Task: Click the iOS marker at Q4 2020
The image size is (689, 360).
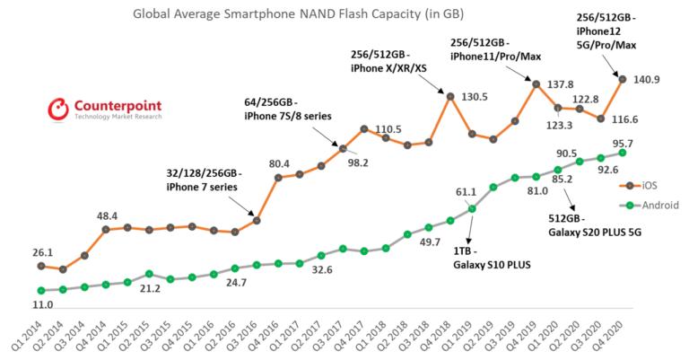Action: point(623,79)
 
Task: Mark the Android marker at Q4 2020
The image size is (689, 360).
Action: point(623,153)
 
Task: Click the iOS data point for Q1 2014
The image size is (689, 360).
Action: point(40,266)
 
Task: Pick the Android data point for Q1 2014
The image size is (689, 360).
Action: point(40,290)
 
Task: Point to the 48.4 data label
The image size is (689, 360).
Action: point(109,215)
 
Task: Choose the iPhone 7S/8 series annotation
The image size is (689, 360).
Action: point(285,114)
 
